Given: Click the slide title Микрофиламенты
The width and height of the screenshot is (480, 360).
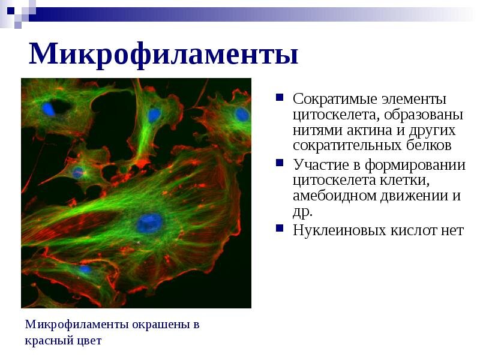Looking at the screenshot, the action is coord(163,55).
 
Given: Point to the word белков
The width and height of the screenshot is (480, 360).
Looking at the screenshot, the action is coord(428,145).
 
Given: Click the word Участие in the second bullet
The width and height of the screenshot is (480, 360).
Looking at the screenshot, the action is coord(321,164).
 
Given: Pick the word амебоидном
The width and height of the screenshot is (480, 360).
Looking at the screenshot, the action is coord(335,196).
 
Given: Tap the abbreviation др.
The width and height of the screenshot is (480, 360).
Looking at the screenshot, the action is coord(302,212).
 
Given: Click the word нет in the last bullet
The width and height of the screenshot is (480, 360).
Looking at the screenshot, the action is coord(452,231).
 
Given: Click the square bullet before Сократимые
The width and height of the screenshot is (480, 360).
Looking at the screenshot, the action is coord(280,97).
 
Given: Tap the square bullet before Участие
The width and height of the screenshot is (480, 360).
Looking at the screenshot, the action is coord(280,162).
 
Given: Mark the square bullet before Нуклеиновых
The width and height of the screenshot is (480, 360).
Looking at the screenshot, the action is coord(280,228).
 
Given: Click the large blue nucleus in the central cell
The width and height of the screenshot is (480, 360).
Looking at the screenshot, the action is coord(149,223).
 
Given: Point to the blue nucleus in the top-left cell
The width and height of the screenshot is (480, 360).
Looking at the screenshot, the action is coord(49,109).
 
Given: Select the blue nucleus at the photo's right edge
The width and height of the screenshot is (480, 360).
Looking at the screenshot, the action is coord(242,115).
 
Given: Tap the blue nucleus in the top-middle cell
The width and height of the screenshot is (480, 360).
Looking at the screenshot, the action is coord(154,115).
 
